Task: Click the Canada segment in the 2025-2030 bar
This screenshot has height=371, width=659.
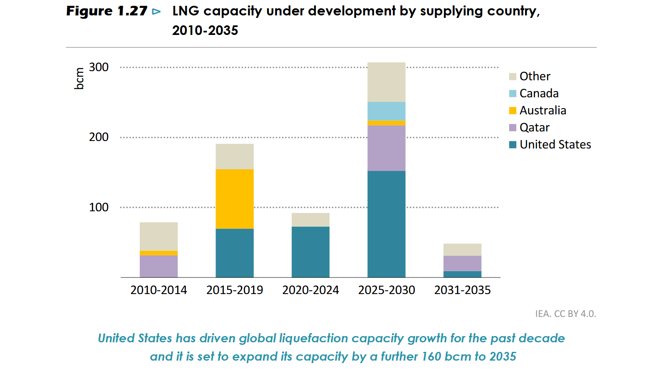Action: pyautogui.click(x=386, y=111)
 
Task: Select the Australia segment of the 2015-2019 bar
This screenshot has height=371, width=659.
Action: pyautogui.click(x=235, y=199)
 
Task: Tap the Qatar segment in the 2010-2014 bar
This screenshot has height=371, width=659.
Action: pyautogui.click(x=159, y=266)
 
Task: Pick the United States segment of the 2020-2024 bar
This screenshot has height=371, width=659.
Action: pyautogui.click(x=310, y=252)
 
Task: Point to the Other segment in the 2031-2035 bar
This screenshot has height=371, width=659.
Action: pyautogui.click(x=462, y=250)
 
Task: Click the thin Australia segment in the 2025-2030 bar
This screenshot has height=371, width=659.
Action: pyautogui.click(x=386, y=123)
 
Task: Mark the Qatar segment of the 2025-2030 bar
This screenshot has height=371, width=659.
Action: pyautogui.click(x=386, y=148)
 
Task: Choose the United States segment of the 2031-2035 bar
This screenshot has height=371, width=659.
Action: pyautogui.click(x=462, y=274)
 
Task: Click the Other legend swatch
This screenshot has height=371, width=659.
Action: pyautogui.click(x=513, y=77)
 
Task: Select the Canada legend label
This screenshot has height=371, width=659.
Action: pyautogui.click(x=539, y=93)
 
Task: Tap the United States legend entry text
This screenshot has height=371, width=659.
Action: pyautogui.click(x=555, y=144)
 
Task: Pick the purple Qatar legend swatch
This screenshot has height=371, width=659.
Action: pyautogui.click(x=513, y=128)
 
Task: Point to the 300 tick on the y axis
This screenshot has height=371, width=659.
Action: pyautogui.click(x=99, y=67)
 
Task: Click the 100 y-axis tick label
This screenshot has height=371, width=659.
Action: pyautogui.click(x=99, y=207)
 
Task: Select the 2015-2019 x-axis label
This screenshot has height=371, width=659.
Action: pyautogui.click(x=235, y=290)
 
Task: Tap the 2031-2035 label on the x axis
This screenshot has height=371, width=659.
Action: pyautogui.click(x=462, y=290)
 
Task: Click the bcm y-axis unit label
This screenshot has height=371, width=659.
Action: pyautogui.click(x=79, y=78)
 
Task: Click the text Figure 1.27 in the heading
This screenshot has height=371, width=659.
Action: pyautogui.click(x=107, y=11)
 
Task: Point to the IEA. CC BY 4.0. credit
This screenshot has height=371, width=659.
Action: pyautogui.click(x=565, y=314)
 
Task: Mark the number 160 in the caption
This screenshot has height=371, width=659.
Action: pyautogui.click(x=431, y=356)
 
